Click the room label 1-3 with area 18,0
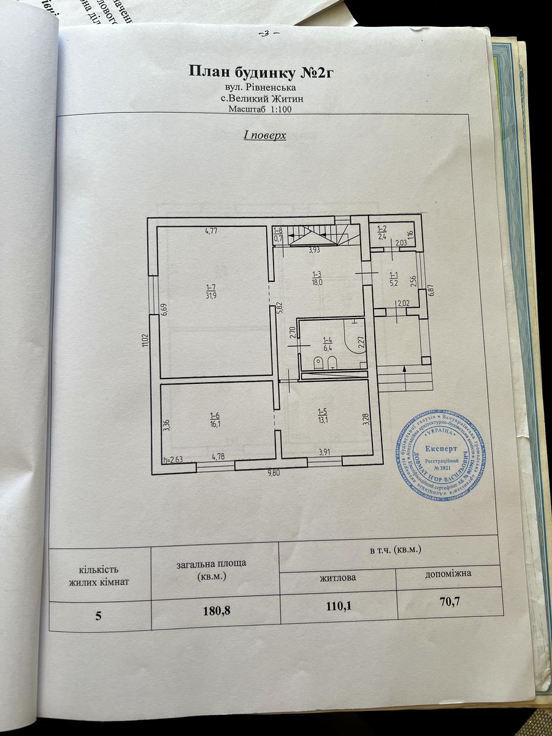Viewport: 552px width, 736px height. pyautogui.click(x=318, y=278)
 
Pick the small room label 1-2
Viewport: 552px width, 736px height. pyautogui.click(x=381, y=231)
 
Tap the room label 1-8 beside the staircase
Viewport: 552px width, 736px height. pyautogui.click(x=278, y=234)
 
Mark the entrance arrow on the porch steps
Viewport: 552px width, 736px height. pyautogui.click(x=404, y=369)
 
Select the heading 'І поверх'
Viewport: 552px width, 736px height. pyautogui.click(x=265, y=135)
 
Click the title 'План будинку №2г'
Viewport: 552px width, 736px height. pyautogui.click(x=264, y=72)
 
